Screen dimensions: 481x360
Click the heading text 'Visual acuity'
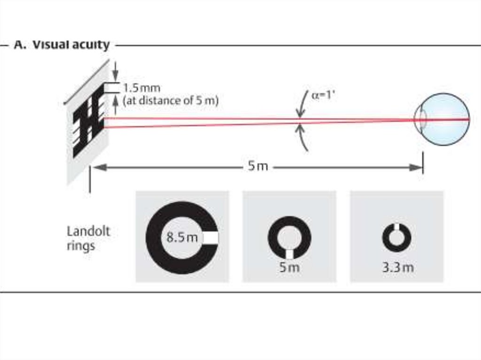coord(70,45)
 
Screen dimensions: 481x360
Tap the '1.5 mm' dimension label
coord(141,88)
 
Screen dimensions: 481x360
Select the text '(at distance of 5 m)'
coord(171,100)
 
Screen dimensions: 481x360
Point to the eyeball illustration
coord(444,119)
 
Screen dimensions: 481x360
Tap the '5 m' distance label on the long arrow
coord(258,167)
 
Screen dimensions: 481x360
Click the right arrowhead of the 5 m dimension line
coord(417,167)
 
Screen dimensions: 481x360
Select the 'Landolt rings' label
coord(88,238)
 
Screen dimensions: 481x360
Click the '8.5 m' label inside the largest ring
coord(182,237)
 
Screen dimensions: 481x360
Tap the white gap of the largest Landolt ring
coord(210,238)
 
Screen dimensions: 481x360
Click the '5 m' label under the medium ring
coord(288,268)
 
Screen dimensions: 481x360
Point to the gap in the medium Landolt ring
coord(289,253)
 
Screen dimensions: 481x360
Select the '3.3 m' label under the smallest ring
coord(398,268)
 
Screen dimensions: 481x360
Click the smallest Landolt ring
coord(396,238)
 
